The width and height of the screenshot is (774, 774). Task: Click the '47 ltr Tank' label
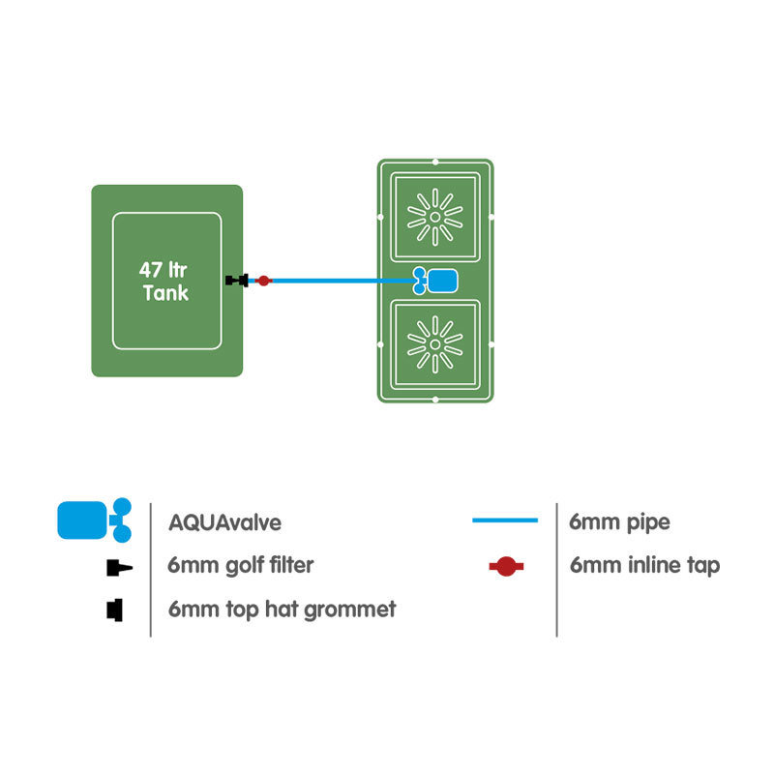165,281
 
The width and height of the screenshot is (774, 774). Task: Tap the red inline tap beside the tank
262,281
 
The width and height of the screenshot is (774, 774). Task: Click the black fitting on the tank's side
235,281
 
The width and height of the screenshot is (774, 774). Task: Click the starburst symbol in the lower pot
434,343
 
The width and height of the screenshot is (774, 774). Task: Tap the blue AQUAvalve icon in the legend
94,520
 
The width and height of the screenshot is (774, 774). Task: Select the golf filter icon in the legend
116,567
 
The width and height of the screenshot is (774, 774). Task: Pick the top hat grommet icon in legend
115,610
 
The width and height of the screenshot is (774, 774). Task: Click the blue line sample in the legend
504,521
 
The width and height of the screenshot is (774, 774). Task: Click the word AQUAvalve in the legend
223,522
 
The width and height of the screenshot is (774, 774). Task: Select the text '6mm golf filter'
239,565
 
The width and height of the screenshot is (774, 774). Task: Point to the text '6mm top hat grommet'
281,610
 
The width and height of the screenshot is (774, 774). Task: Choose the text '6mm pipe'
619,522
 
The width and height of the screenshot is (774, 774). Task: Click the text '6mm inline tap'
644,566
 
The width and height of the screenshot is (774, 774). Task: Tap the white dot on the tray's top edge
435,162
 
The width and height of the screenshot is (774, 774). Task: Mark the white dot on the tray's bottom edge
435,400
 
